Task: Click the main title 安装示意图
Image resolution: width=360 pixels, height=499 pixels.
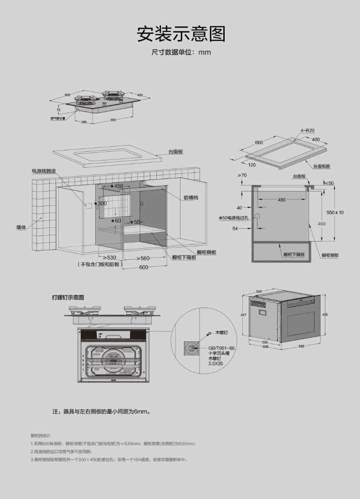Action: pyautogui.click(x=181, y=34)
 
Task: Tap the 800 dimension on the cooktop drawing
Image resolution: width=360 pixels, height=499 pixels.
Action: pyautogui.click(x=67, y=95)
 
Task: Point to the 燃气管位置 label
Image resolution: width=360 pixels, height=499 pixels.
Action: pyautogui.click(x=58, y=118)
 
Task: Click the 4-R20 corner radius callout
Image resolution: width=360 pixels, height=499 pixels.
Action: pyautogui.click(x=308, y=130)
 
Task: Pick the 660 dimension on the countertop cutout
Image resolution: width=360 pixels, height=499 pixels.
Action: pyautogui.click(x=259, y=143)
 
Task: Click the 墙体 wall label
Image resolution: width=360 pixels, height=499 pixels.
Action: pyautogui.click(x=21, y=226)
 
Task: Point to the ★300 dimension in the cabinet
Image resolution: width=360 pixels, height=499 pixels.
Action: pyautogui.click(x=100, y=203)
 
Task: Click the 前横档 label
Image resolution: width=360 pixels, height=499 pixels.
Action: pyautogui.click(x=191, y=198)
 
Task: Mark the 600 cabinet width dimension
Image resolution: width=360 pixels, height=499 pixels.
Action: pyautogui.click(x=144, y=268)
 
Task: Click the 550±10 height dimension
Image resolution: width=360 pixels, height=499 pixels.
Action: pyautogui.click(x=335, y=212)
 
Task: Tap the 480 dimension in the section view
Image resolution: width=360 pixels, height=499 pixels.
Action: pyautogui.click(x=282, y=200)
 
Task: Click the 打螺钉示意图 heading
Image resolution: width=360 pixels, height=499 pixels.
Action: pyautogui.click(x=68, y=298)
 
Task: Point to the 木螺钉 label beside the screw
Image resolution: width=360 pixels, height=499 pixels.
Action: pyautogui.click(x=221, y=333)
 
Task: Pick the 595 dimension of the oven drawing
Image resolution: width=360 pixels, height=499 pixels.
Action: pyautogui.click(x=301, y=346)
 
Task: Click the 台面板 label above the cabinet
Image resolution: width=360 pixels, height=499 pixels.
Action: pyautogui.click(x=175, y=151)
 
